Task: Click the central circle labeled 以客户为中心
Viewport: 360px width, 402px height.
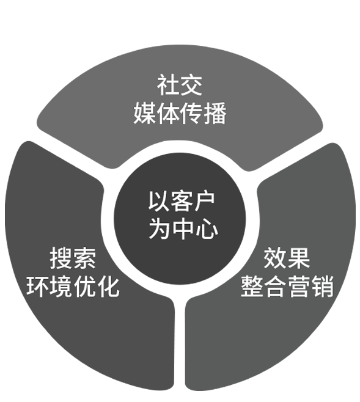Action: point(180,219)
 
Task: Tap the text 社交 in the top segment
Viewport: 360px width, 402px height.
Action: point(180,86)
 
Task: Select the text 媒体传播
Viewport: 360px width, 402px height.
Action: point(180,113)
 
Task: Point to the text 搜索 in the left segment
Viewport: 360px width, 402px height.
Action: point(73,258)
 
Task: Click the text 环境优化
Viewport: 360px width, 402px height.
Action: point(73,287)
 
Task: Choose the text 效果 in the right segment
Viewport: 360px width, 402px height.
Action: point(287,258)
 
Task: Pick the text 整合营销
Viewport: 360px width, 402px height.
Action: point(287,287)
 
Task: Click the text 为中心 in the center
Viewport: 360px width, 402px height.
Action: point(183,228)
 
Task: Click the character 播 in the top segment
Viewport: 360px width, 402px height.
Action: point(215,113)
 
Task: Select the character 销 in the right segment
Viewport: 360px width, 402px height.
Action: point(322,287)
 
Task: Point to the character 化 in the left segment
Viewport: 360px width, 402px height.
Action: point(108,287)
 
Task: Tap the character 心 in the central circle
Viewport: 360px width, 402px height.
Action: point(207,228)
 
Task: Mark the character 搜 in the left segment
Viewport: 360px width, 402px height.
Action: point(61,258)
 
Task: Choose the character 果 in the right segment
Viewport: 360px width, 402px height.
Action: point(299,258)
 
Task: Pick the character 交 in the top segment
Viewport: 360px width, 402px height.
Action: point(191,86)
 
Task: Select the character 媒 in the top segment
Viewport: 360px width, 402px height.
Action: point(145,113)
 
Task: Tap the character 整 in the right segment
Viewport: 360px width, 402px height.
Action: point(252,287)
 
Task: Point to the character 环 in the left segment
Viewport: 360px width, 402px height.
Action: point(38,287)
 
